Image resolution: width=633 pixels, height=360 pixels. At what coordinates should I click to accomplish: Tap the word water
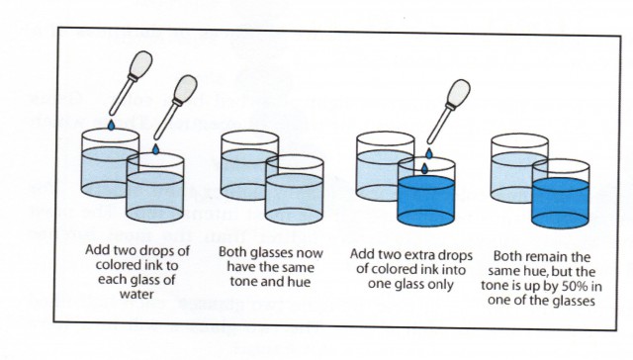(x=136, y=294)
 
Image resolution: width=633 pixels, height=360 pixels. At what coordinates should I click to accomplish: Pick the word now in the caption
(x=310, y=253)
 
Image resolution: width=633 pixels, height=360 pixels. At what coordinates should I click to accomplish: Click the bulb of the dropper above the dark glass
(x=459, y=91)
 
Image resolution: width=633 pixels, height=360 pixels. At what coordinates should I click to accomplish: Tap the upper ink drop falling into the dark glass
(x=429, y=153)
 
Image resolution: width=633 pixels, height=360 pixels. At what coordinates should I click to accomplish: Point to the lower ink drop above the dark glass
(x=424, y=168)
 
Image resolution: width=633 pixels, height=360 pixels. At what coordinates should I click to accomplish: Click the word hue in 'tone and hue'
(x=300, y=281)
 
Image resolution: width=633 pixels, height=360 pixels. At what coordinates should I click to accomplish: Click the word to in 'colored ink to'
(x=172, y=265)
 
